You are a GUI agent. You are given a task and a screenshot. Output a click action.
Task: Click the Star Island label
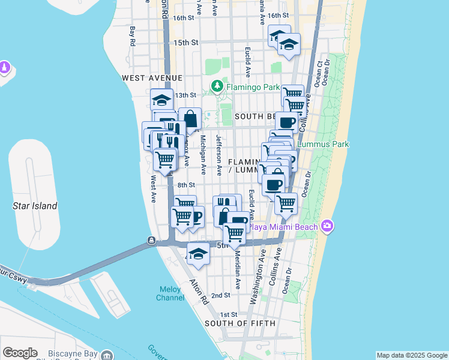coord(35,206)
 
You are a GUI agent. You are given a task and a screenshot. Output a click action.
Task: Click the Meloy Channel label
coord(170,293)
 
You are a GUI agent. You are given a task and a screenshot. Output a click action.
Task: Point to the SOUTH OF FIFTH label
coord(240,323)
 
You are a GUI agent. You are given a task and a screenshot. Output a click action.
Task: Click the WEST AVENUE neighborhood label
coord(151,78)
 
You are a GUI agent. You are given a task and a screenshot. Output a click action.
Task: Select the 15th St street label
coord(185,43)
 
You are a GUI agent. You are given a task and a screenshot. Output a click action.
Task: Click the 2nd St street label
coord(221,295)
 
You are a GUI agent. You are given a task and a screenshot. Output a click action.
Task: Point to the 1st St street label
coord(229,314)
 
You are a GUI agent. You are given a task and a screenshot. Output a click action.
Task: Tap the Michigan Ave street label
coord(203,155)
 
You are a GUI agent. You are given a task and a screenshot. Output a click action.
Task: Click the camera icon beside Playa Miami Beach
coord(327,226)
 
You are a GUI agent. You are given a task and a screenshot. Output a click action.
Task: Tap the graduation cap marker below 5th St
coord(198,255)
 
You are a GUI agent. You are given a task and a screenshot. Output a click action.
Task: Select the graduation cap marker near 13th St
coord(161,100)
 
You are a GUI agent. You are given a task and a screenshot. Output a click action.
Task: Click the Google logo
coord(20,353)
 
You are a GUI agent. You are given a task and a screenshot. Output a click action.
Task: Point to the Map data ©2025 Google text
coord(412,355)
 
